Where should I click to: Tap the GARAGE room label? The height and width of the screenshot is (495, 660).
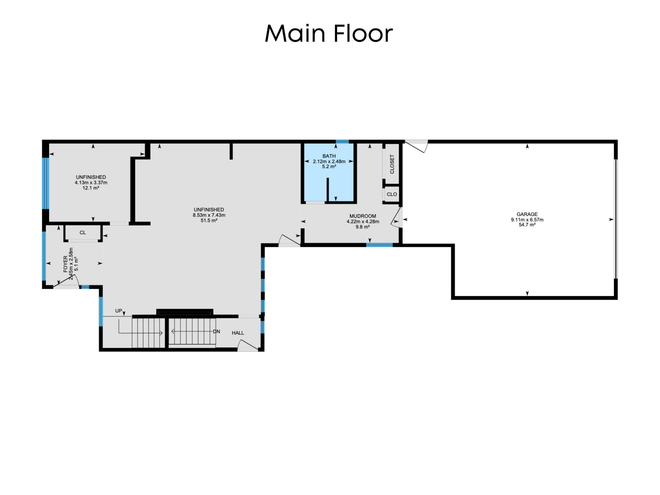coord(527,214)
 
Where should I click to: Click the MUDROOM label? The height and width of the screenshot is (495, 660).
coord(362,216)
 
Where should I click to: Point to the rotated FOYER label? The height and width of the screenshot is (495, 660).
coord(66,264)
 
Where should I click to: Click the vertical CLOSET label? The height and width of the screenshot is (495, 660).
coord(392,164)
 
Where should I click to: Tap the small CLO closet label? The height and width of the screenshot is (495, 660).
coord(391,194)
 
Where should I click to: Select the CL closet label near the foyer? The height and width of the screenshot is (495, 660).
coord(83,233)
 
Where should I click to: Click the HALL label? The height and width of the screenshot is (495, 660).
coord(238,333)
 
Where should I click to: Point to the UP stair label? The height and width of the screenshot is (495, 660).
coord(118,311)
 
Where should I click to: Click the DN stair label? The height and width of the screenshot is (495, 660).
coord(216,331)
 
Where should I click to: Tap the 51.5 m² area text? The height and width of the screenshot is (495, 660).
coord(209,220)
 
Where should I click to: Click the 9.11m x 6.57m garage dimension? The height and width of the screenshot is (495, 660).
coord(527,220)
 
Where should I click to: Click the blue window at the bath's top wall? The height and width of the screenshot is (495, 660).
coord(342,141)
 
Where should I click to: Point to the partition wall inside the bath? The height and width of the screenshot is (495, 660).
coord(327,190)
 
